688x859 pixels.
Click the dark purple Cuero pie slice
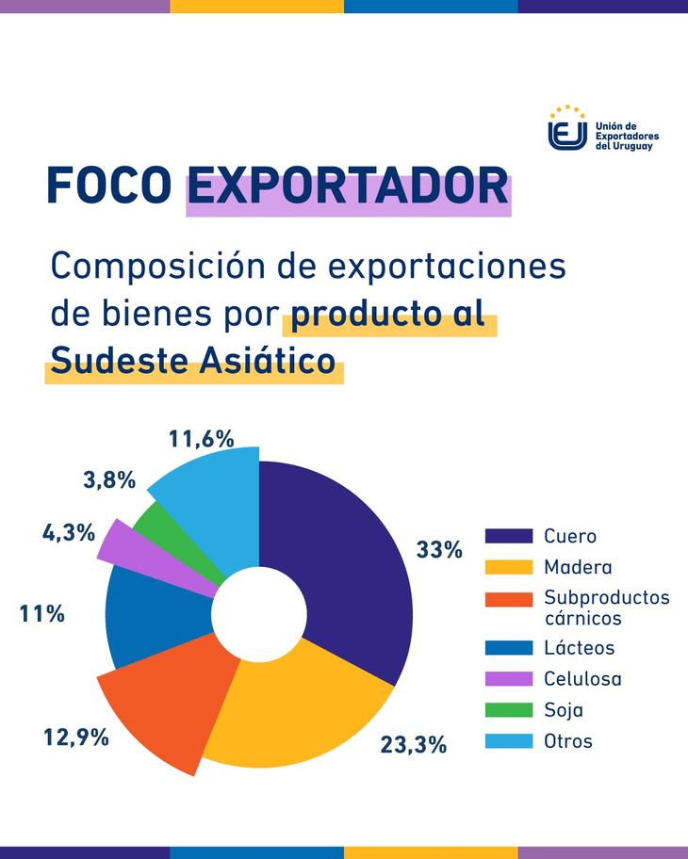point(349,565)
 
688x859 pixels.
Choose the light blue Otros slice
point(212,499)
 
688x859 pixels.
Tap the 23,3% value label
point(413,744)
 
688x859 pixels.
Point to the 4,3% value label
point(69,532)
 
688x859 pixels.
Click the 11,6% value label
point(201,438)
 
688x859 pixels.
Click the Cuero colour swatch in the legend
point(509,536)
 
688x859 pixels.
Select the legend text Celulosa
point(582,678)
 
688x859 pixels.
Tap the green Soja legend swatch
point(509,710)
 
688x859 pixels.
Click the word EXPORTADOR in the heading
point(347,186)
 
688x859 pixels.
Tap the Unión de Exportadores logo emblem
point(567,130)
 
